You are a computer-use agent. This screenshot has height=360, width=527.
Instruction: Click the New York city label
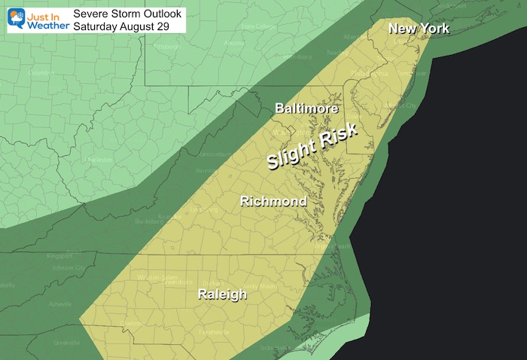pos(419,29)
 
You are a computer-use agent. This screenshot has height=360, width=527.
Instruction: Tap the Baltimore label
pos(305,110)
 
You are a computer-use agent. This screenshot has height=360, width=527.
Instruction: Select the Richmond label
pos(273,201)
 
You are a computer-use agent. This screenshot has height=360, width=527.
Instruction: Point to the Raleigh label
pos(221,294)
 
